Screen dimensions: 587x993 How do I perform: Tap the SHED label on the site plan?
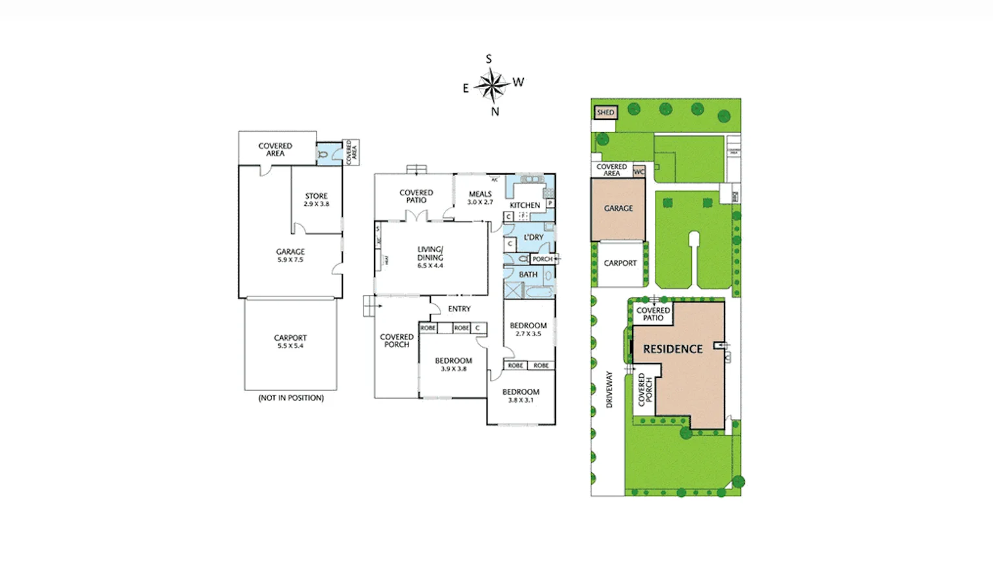tap(605, 113)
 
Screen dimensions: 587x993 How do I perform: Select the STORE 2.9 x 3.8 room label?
tap(317, 199)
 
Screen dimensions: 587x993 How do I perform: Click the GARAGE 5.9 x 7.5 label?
tap(290, 255)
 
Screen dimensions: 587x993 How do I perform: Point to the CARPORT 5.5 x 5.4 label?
tap(290, 341)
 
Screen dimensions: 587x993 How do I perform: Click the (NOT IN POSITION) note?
tap(291, 398)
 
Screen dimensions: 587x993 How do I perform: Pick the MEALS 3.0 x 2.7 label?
tap(480, 197)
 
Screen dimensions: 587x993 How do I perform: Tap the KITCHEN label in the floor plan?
tap(525, 205)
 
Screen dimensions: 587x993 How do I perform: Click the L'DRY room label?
tap(533, 238)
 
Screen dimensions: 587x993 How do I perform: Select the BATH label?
tap(528, 275)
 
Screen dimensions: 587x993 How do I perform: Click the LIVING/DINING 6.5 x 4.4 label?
tap(430, 257)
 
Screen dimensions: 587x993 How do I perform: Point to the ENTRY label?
tap(459, 309)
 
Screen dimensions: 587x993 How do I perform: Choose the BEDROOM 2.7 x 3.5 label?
tap(528, 329)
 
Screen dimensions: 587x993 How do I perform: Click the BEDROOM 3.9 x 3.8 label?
tap(453, 364)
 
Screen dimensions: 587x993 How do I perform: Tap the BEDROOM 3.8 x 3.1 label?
tap(521, 395)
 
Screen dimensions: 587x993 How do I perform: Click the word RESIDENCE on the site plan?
tap(672, 349)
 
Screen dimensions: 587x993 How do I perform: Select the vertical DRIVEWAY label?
tap(609, 390)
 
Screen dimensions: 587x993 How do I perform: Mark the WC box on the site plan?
tap(639, 172)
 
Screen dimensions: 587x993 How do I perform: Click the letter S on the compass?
tap(489, 59)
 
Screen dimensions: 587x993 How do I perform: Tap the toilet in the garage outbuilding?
tap(323, 154)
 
